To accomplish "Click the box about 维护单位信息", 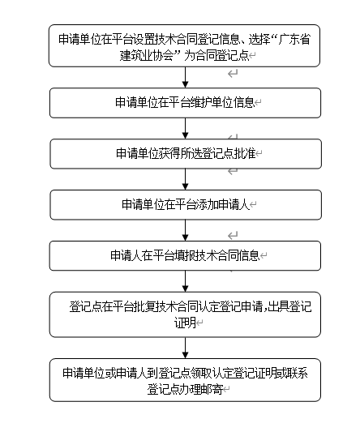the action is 186,103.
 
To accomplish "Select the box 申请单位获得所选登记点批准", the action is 186,154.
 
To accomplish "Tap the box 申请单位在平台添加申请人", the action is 186,205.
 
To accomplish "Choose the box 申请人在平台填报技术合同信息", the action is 186,256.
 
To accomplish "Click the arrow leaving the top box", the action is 186,77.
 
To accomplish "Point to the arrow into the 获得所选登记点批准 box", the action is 186,129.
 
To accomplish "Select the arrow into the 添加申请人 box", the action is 186,179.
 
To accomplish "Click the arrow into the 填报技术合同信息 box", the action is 186,230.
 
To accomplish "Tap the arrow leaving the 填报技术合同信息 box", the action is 186,281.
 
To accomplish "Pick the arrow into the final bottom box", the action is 186,348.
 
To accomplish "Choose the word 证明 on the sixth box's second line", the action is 185,323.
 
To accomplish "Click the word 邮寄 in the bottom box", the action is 212,389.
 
